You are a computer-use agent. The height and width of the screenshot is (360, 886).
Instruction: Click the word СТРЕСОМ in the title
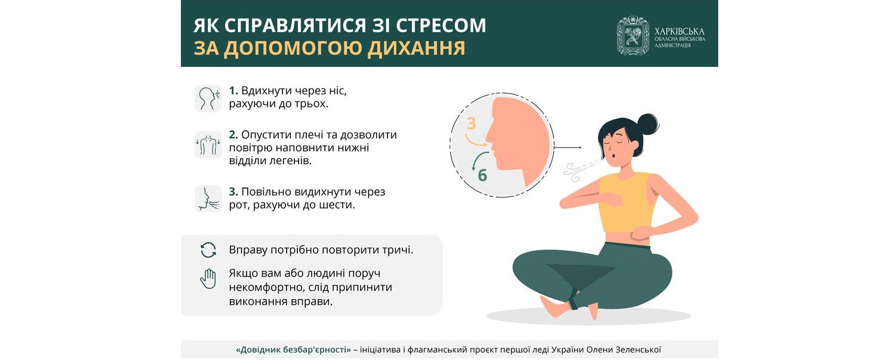point(441,25)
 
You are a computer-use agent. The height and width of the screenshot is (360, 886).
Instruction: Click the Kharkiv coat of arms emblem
point(633,36)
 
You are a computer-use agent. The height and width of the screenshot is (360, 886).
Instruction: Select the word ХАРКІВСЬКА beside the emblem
point(679,31)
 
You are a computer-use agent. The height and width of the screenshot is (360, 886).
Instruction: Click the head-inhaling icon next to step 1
point(208,99)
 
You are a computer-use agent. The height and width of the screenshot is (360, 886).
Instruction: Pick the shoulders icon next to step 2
point(208,145)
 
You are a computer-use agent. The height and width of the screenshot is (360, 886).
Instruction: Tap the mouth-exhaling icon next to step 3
point(208,199)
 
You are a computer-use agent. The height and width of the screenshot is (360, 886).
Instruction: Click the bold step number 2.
point(233,135)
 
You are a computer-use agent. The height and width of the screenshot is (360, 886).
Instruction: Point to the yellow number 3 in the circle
point(471,124)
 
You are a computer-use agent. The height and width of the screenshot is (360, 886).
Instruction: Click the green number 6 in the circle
point(482,176)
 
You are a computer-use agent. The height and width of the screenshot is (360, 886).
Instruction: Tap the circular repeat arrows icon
point(208,250)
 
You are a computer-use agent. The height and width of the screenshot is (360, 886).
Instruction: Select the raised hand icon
point(208,279)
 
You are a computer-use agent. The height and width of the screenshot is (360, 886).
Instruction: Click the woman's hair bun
point(648,125)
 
